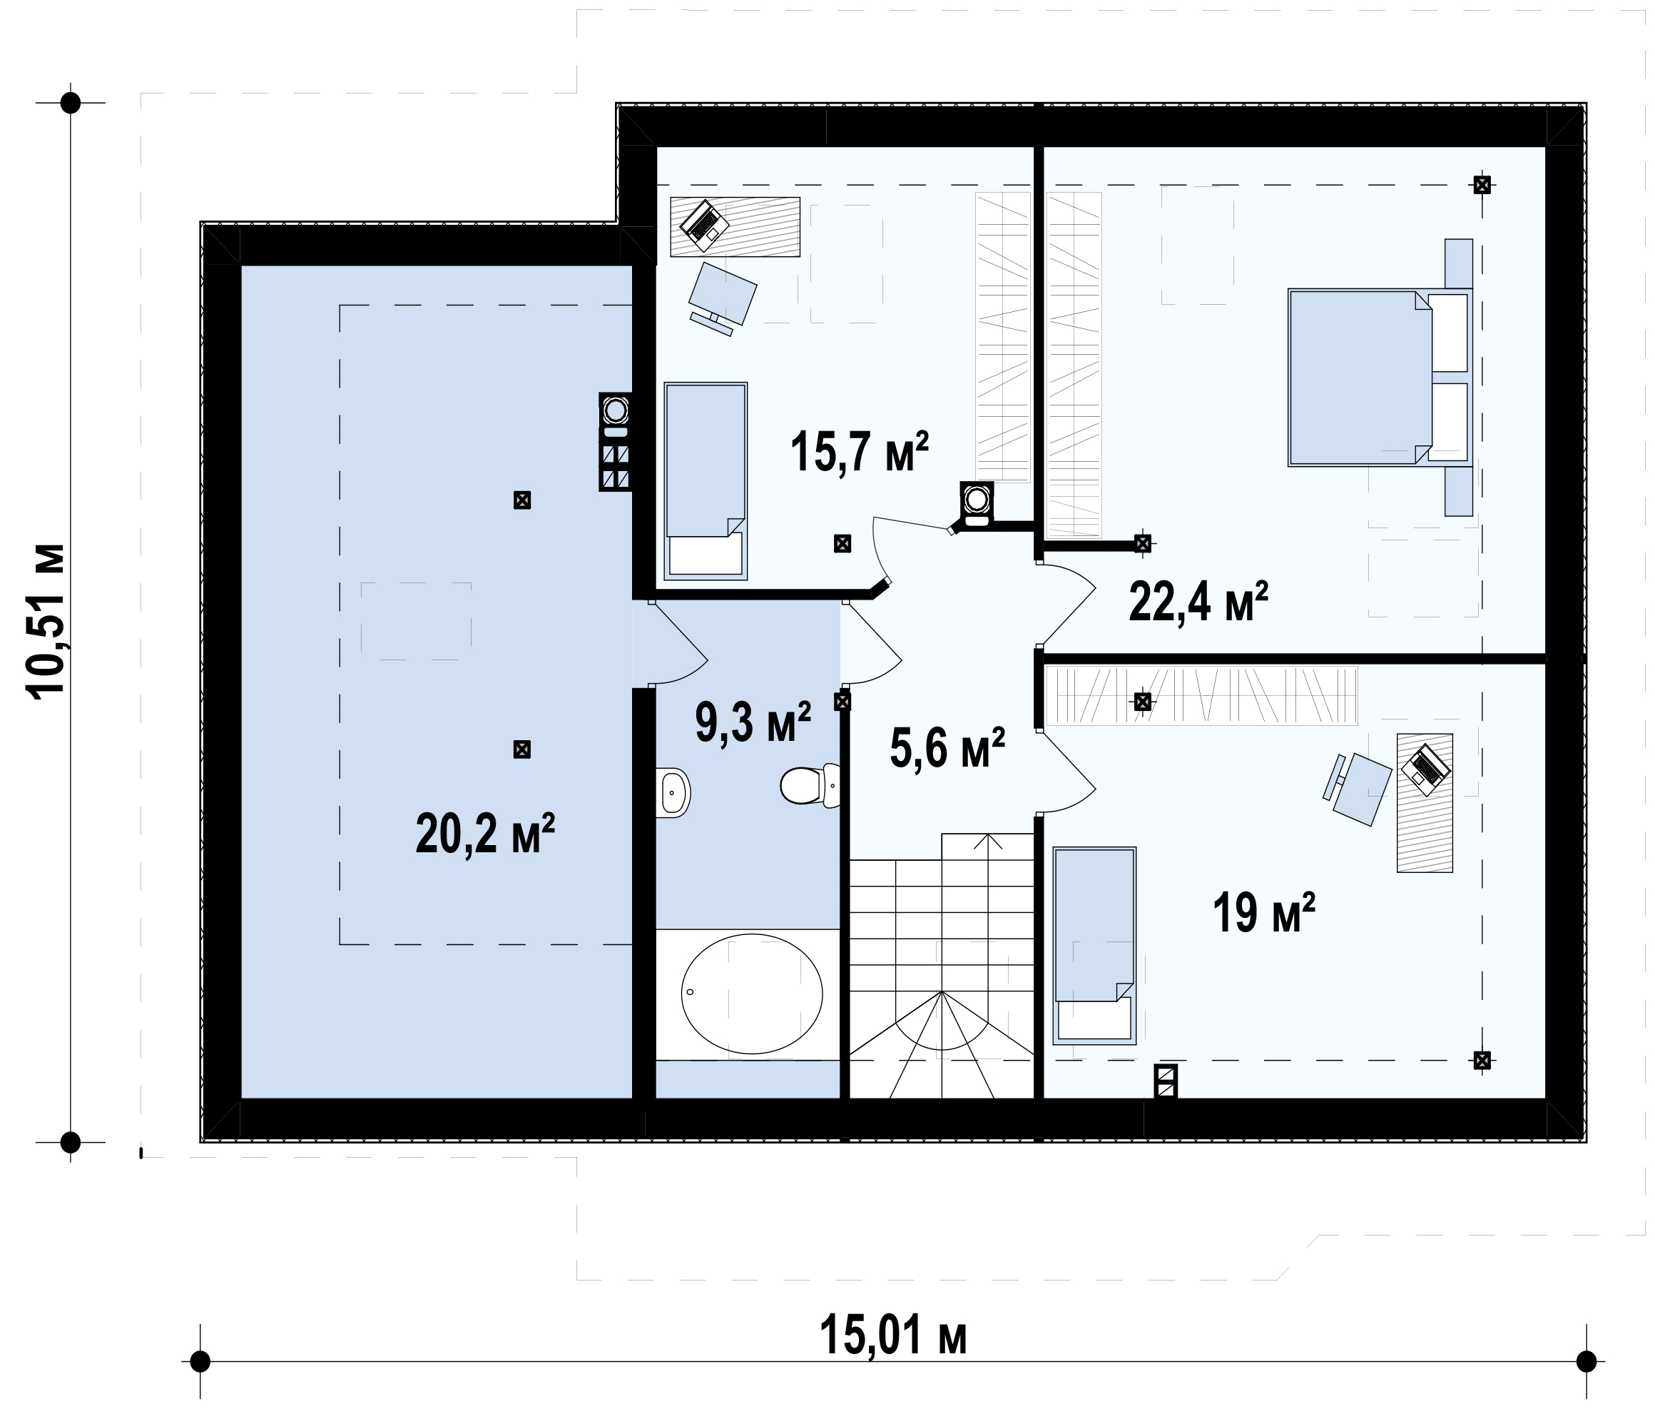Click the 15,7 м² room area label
860,452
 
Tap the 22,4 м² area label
1199,601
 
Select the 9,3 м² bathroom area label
753,722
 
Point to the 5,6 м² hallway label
947,748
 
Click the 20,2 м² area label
486,834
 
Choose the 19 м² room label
1264,913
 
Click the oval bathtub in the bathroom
752,994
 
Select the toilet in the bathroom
810,785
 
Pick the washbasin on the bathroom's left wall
673,793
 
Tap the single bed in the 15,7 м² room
706,480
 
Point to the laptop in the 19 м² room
1426,769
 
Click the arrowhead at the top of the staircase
989,840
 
